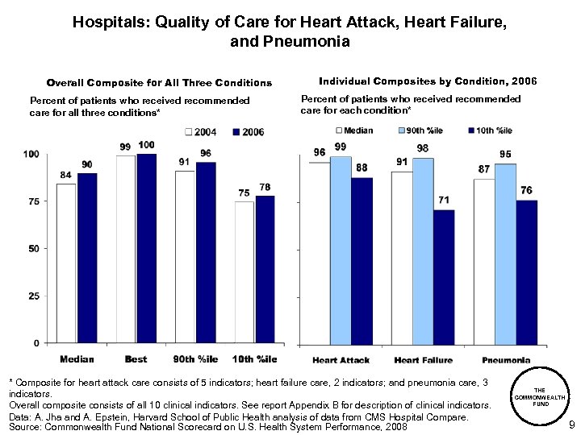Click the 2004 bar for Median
click(x=66, y=263)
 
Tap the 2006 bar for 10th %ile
click(x=265, y=269)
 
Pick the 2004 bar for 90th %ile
click(x=185, y=257)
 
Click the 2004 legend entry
click(x=202, y=132)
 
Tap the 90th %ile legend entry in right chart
click(x=423, y=130)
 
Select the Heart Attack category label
click(x=341, y=360)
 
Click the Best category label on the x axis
click(x=136, y=359)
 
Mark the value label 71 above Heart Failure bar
click(x=444, y=200)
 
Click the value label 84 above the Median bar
click(x=66, y=175)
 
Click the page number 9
click(x=571, y=425)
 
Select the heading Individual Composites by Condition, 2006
click(x=428, y=81)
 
